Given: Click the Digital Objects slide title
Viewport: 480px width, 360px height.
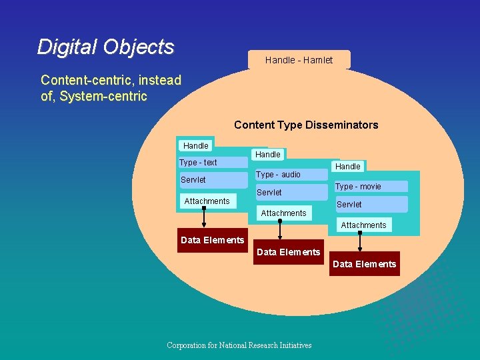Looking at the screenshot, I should (x=105, y=47).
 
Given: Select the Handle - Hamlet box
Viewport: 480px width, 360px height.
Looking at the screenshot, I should (x=299, y=60).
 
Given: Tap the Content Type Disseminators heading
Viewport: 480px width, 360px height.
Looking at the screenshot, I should (x=306, y=125).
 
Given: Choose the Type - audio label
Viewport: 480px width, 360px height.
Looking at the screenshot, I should (x=278, y=175).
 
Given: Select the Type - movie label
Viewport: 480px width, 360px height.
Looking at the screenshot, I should (x=358, y=187).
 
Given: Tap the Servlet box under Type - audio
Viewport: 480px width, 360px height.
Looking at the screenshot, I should (x=269, y=193).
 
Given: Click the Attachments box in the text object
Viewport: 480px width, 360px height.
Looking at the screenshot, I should (x=207, y=201).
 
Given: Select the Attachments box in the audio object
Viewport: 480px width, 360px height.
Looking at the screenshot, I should (x=283, y=213).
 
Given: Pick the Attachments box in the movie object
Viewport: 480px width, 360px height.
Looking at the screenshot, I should (x=363, y=225).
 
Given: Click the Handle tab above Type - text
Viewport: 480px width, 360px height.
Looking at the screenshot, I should (x=196, y=145).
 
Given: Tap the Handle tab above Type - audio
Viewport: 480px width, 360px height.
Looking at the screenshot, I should (x=268, y=154).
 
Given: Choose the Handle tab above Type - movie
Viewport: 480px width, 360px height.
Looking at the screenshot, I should (x=348, y=166).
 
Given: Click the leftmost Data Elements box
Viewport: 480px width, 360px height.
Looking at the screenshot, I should (x=212, y=240).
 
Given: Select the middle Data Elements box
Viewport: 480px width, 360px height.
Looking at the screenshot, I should (x=288, y=252).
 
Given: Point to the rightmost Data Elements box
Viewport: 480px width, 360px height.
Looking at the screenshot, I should (x=364, y=264).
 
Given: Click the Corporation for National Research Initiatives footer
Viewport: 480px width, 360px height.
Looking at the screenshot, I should (x=239, y=345).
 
